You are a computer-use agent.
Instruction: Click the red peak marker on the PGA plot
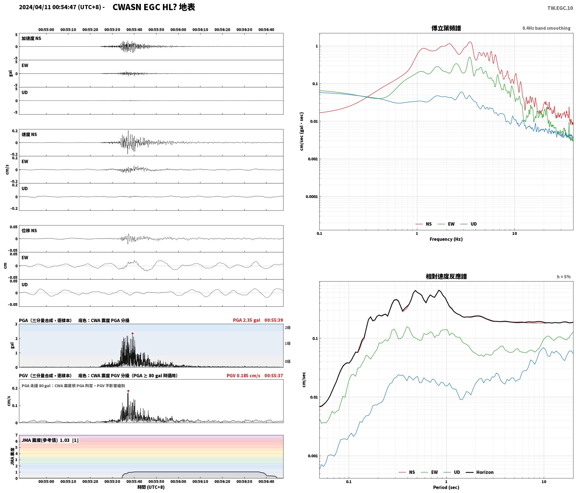(x=132, y=333)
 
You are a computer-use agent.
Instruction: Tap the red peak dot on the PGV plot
(x=128, y=391)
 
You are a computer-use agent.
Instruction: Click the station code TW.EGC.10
(x=560, y=8)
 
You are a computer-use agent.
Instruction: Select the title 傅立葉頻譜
(x=446, y=28)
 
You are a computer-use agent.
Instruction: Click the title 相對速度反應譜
(x=446, y=276)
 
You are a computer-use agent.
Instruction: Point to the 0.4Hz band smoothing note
(x=546, y=28)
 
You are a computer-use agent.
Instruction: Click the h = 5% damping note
(x=564, y=277)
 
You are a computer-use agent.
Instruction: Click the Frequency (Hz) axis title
(x=446, y=239)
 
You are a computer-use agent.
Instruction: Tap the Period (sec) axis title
(x=446, y=487)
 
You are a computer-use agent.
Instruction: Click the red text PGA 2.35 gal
(x=247, y=320)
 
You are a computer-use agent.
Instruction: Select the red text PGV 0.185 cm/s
(x=243, y=375)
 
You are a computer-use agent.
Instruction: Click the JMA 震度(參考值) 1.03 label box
(x=50, y=440)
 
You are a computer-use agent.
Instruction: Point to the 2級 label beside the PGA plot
(x=288, y=327)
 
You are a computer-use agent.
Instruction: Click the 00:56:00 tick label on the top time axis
(x=178, y=29)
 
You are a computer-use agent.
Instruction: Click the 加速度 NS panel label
(x=31, y=38)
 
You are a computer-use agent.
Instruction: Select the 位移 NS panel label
(x=29, y=231)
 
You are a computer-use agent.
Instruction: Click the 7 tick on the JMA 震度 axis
(x=17, y=435)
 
